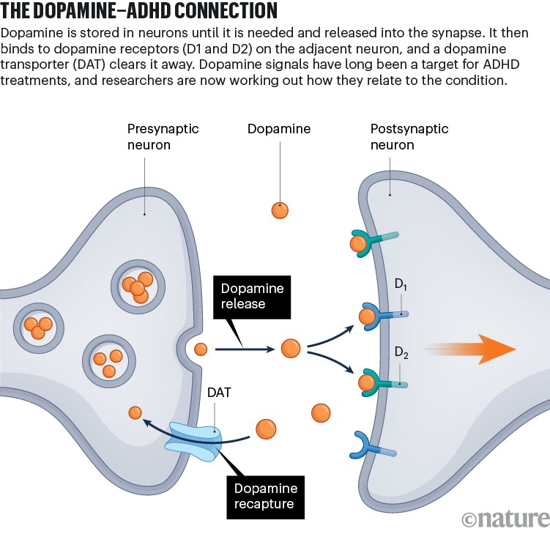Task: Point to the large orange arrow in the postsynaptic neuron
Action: (x=469, y=349)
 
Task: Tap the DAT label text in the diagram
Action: (x=219, y=393)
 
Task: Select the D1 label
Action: (x=401, y=284)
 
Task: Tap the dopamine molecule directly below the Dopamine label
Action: (x=279, y=210)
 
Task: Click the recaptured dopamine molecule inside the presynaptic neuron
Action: (x=135, y=413)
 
